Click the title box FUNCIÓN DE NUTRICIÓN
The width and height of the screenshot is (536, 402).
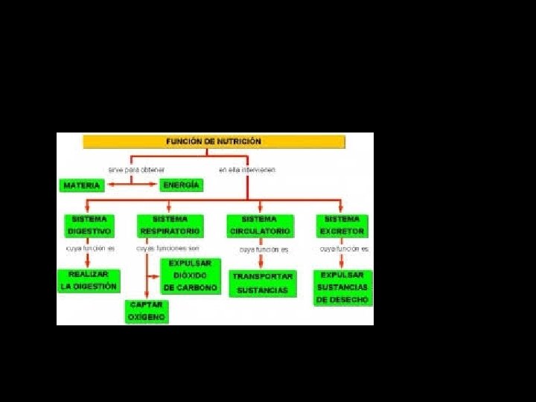[214, 141]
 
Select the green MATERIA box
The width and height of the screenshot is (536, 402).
[82, 185]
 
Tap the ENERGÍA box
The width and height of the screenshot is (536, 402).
[181, 185]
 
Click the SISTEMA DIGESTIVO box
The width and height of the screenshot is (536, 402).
[89, 226]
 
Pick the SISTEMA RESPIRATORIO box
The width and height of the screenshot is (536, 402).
[170, 226]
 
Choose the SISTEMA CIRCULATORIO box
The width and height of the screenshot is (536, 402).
[259, 226]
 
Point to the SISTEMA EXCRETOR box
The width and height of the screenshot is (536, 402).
[342, 226]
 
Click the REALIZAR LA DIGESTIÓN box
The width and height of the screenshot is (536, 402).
[89, 281]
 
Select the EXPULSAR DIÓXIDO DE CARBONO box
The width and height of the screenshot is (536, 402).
[191, 275]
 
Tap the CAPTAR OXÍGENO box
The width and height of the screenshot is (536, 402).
[146, 311]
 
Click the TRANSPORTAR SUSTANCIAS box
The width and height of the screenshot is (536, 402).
[263, 283]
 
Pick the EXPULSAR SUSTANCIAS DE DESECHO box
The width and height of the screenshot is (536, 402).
[342, 287]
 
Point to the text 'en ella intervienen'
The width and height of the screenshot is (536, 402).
[247, 170]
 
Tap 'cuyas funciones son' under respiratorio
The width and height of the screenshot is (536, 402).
[168, 249]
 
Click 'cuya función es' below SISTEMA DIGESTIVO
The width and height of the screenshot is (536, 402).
[90, 249]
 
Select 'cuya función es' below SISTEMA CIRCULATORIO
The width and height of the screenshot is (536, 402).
[264, 250]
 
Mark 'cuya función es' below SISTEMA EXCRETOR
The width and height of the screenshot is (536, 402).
[344, 249]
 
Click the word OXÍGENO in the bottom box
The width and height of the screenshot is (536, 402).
[146, 317]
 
